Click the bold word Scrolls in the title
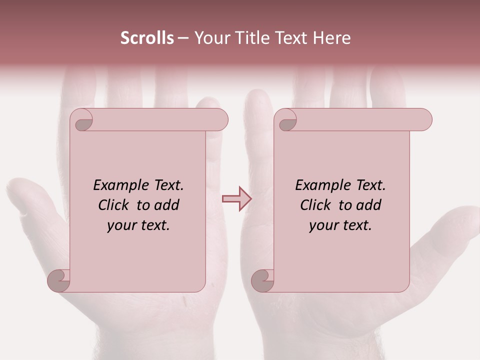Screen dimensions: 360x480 [x=147, y=38]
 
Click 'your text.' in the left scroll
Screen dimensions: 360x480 [x=138, y=225]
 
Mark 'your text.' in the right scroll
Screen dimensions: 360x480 [x=340, y=225]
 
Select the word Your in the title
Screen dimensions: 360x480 [x=210, y=38]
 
